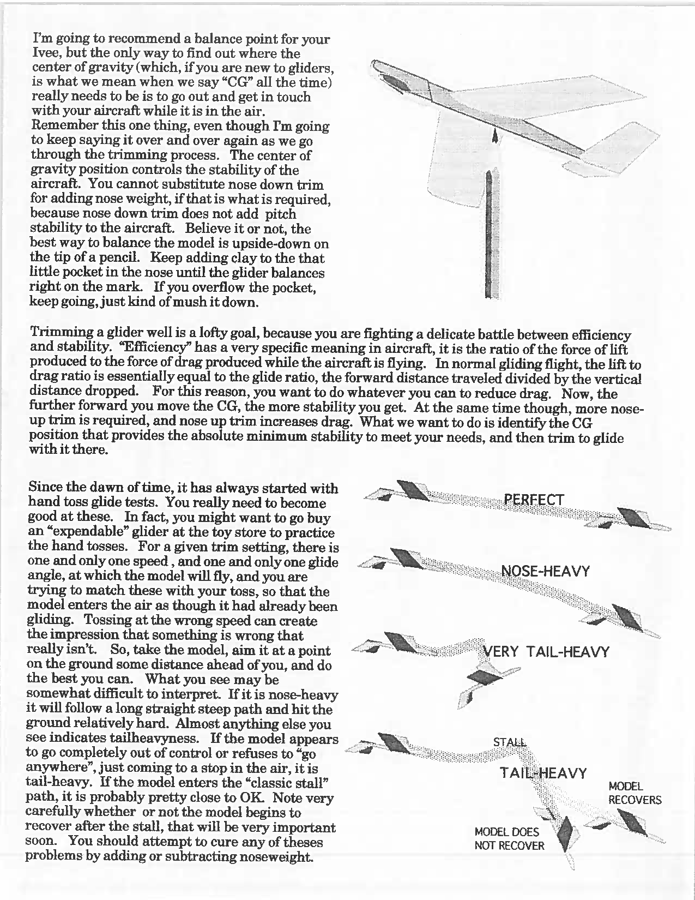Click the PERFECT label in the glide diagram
click(534, 500)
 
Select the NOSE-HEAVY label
click(545, 572)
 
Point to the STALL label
click(510, 742)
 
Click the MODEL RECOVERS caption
click(634, 794)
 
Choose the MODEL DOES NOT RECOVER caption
click(509, 839)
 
